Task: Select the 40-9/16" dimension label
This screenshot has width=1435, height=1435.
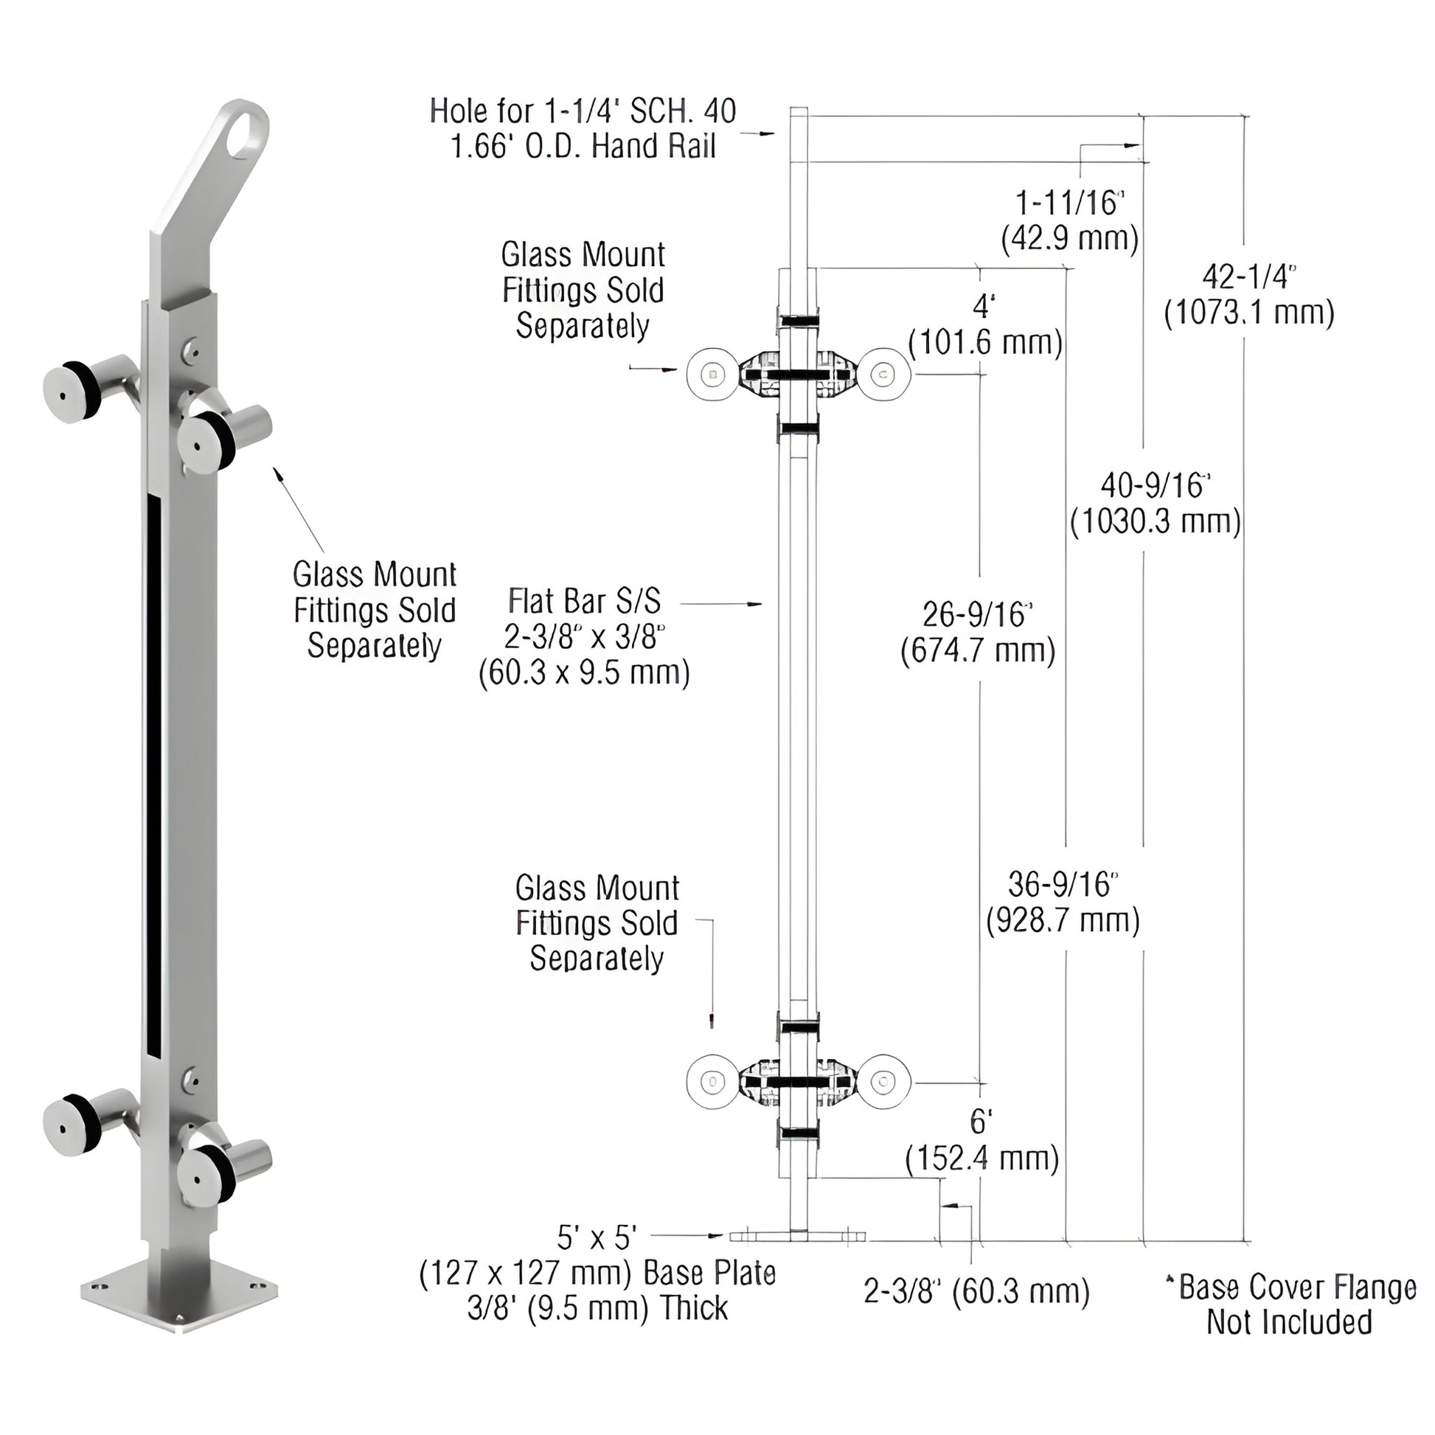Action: pyautogui.click(x=1155, y=486)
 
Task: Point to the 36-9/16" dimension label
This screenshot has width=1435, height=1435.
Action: pyautogui.click(x=1062, y=885)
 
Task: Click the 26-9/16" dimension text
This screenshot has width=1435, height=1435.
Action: pyautogui.click(x=978, y=615)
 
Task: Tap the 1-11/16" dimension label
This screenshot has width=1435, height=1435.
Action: pyautogui.click(x=1069, y=203)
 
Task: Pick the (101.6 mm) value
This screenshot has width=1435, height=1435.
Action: pyautogui.click(x=986, y=343)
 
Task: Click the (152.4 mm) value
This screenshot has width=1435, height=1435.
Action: pyautogui.click(x=982, y=1158)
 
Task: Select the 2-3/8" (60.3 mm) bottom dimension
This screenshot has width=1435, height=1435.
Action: pyautogui.click(x=977, y=1292)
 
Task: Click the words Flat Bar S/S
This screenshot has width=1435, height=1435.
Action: pyautogui.click(x=585, y=601)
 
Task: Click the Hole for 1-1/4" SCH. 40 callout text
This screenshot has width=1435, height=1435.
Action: pyautogui.click(x=583, y=111)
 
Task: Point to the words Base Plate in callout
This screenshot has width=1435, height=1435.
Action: pyautogui.click(x=709, y=1273)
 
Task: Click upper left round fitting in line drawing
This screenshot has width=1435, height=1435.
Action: pyautogui.click(x=712, y=375)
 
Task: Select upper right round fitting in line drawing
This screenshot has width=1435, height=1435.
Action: pyautogui.click(x=885, y=375)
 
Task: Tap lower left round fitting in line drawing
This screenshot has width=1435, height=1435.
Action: pyautogui.click(x=712, y=1083)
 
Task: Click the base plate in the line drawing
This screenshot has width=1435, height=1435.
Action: pyautogui.click(x=799, y=1236)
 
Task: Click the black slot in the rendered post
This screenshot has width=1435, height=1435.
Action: pyautogui.click(x=153, y=773)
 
